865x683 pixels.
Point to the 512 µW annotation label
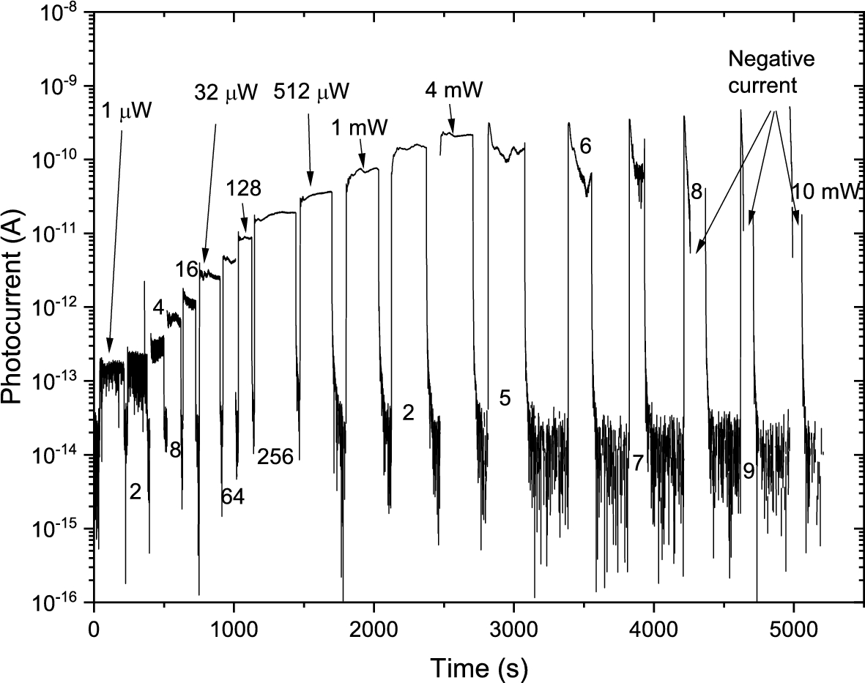click(x=311, y=92)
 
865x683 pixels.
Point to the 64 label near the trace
click(x=232, y=497)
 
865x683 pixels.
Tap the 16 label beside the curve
click(x=187, y=269)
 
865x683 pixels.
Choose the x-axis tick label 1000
click(x=234, y=630)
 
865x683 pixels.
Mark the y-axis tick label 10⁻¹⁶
click(x=59, y=602)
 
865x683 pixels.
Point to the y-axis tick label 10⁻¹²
click(x=59, y=308)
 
